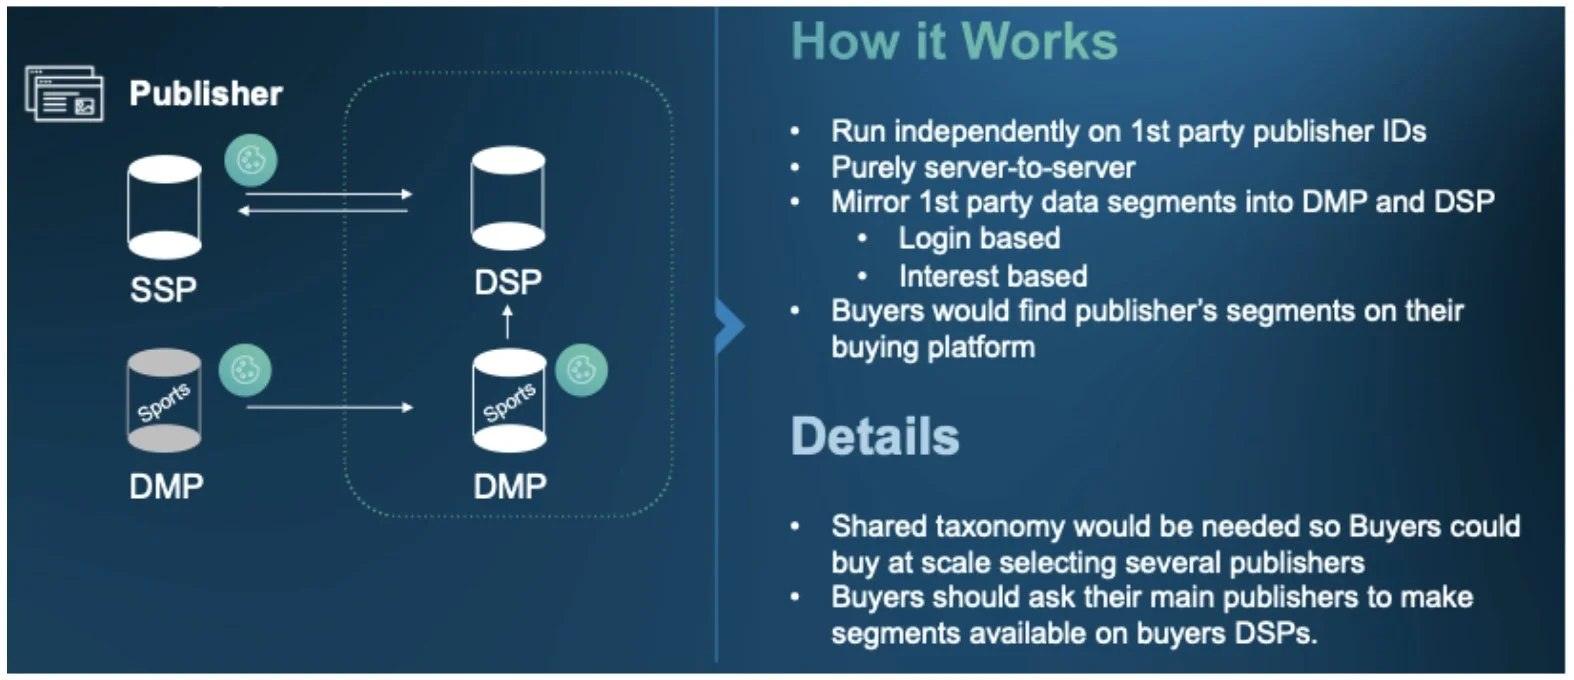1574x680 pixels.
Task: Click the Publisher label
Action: point(205,93)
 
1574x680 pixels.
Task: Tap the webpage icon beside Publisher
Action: point(64,94)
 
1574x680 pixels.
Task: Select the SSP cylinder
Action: point(164,207)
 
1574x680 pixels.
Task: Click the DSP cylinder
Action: point(508,198)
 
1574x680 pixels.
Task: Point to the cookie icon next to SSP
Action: point(250,160)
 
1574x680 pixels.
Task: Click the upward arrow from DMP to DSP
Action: point(508,322)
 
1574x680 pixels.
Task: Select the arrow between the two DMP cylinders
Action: point(329,407)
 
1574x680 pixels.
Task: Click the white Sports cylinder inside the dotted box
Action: point(509,401)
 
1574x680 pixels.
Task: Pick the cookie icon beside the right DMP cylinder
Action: point(581,370)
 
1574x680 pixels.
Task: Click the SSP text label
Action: point(163,290)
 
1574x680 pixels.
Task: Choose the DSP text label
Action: point(508,283)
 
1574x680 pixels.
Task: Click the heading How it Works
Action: point(954,42)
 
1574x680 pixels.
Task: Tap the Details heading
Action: point(875,437)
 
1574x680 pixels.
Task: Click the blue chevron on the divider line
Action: point(731,326)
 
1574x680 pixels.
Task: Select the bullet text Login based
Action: point(979,238)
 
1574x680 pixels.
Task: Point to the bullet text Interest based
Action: point(992,276)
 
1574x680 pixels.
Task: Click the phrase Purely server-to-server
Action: point(983,167)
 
